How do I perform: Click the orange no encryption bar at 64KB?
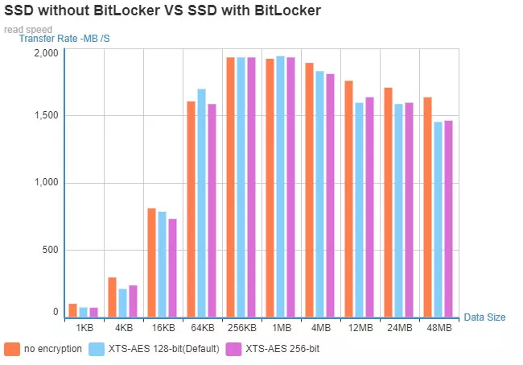tap(191, 209)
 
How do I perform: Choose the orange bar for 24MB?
tap(389, 202)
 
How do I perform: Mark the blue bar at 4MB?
tap(319, 194)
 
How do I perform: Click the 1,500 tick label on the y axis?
tap(46, 115)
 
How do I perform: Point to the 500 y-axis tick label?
tap(50, 249)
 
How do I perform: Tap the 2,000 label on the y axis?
tap(46, 53)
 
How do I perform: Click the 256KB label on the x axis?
tap(241, 329)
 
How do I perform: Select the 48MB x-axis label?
tap(439, 329)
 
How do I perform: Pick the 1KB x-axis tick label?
tap(84, 329)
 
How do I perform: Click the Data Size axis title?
tap(484, 317)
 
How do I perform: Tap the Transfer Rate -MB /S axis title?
tap(64, 39)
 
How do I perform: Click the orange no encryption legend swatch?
tap(12, 349)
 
